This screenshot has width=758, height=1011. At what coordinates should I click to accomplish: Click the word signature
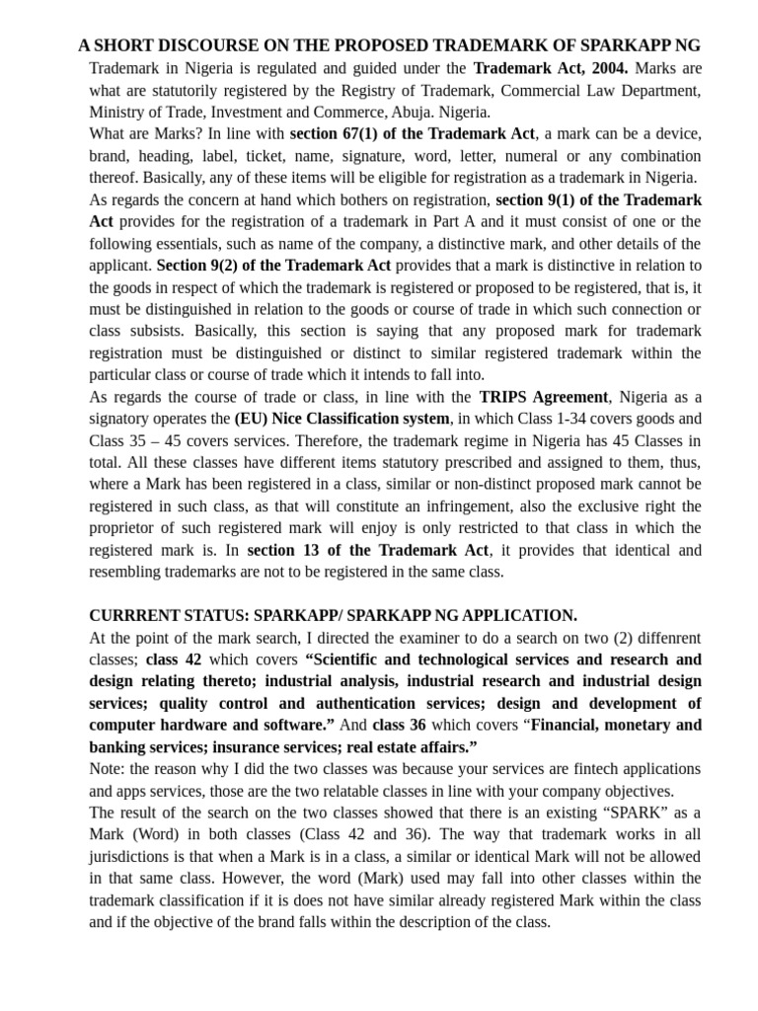[395, 156]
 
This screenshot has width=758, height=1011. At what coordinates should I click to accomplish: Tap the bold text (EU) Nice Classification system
[341, 419]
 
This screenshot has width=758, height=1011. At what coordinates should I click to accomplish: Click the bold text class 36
[400, 725]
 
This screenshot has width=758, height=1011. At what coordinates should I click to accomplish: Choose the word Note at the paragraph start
[107, 769]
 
